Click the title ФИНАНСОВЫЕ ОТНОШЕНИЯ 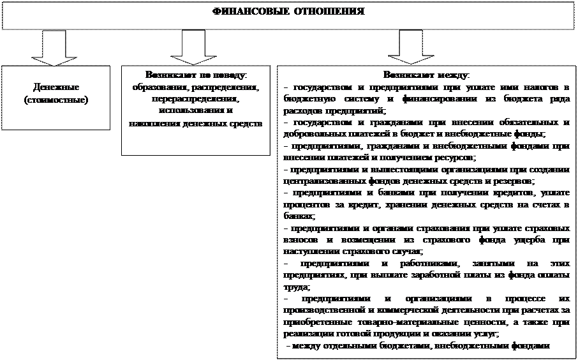pyautogui.click(x=288, y=12)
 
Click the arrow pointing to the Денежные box pyautogui.click(x=55, y=49)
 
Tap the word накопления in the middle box pyautogui.click(x=150, y=123)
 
